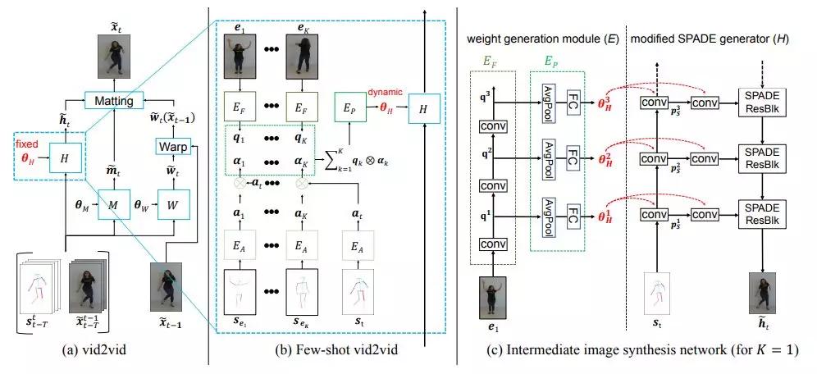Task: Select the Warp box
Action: [x=174, y=145]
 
